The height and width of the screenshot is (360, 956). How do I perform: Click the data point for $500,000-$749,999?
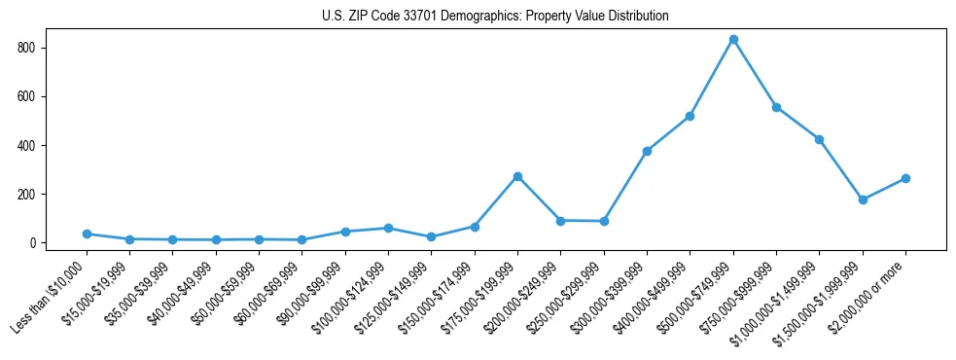[733, 40]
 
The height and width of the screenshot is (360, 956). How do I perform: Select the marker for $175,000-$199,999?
[517, 176]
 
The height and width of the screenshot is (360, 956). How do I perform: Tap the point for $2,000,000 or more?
[905, 178]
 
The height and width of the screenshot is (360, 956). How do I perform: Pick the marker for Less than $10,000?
[87, 234]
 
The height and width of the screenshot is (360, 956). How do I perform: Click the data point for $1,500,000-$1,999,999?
[863, 199]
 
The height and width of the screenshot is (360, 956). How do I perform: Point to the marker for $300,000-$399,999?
[647, 151]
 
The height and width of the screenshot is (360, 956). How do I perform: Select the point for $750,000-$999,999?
[776, 107]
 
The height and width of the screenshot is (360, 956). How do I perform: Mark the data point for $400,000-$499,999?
[690, 116]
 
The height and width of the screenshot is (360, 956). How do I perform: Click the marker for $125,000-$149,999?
[431, 236]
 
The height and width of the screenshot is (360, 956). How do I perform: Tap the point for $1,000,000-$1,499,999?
[820, 139]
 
